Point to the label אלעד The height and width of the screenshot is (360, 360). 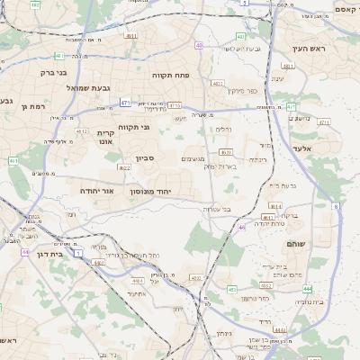pyautogui.click(x=301, y=148)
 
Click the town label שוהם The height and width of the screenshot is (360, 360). pyautogui.click(x=295, y=244)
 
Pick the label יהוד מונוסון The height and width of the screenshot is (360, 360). pyautogui.click(x=163, y=193)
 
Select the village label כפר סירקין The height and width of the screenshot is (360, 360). pyautogui.click(x=242, y=90)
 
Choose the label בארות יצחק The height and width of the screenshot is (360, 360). pyautogui.click(x=221, y=166)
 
